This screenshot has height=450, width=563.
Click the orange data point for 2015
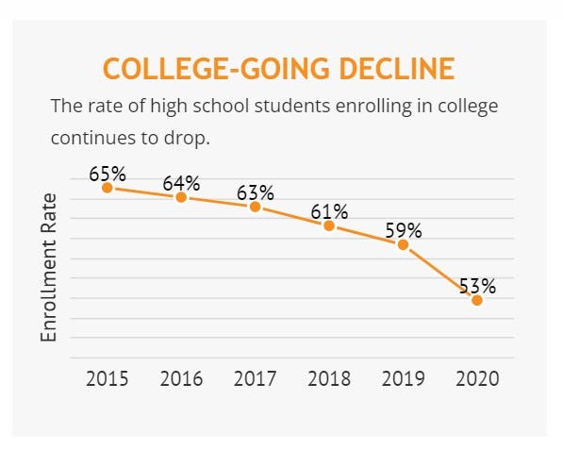coord(108,188)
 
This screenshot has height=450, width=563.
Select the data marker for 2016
coord(181,197)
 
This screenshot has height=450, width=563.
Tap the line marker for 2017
coord(255,207)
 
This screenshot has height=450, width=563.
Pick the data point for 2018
coord(329,225)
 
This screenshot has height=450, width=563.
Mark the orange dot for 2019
coord(403,244)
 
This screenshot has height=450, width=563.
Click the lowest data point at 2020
coord(477,300)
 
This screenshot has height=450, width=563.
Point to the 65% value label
coord(108,174)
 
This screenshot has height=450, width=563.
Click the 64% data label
coord(181,183)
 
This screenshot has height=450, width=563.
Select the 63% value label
coord(255,192)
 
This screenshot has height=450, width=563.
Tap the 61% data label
coord(329,211)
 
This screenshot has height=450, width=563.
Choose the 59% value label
coord(403,230)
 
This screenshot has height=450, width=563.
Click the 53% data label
coord(477,286)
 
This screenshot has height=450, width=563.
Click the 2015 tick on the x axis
coord(108,379)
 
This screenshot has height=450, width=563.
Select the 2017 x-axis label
coord(255,379)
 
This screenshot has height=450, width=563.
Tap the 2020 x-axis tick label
coord(477,379)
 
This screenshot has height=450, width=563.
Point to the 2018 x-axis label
coord(329,379)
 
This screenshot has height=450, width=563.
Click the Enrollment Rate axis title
coord(50,267)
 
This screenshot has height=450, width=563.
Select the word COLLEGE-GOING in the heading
coord(207,69)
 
